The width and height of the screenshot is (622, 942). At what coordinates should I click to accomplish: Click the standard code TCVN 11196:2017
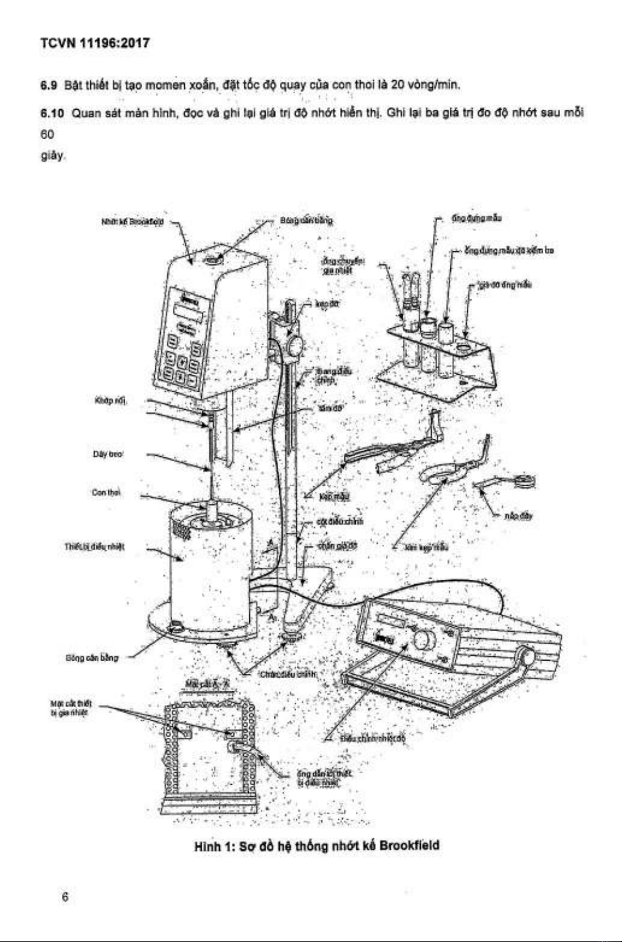[x=95, y=43]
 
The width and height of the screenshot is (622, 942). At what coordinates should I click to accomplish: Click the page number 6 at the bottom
[x=65, y=896]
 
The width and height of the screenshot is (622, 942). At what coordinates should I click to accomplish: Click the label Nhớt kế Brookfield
[x=133, y=222]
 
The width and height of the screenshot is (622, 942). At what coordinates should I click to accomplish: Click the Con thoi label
[x=106, y=493]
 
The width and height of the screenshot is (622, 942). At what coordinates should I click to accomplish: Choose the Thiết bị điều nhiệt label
[x=95, y=547]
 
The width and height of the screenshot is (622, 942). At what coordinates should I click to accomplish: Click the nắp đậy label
[x=519, y=516]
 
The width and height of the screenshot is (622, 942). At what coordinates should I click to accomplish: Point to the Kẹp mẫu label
[x=334, y=497]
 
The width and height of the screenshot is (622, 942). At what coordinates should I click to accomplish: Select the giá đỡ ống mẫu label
[x=506, y=285]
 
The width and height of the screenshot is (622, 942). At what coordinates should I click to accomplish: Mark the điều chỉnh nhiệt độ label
[x=373, y=738]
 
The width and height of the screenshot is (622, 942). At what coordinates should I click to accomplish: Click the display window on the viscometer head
[x=190, y=312]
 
